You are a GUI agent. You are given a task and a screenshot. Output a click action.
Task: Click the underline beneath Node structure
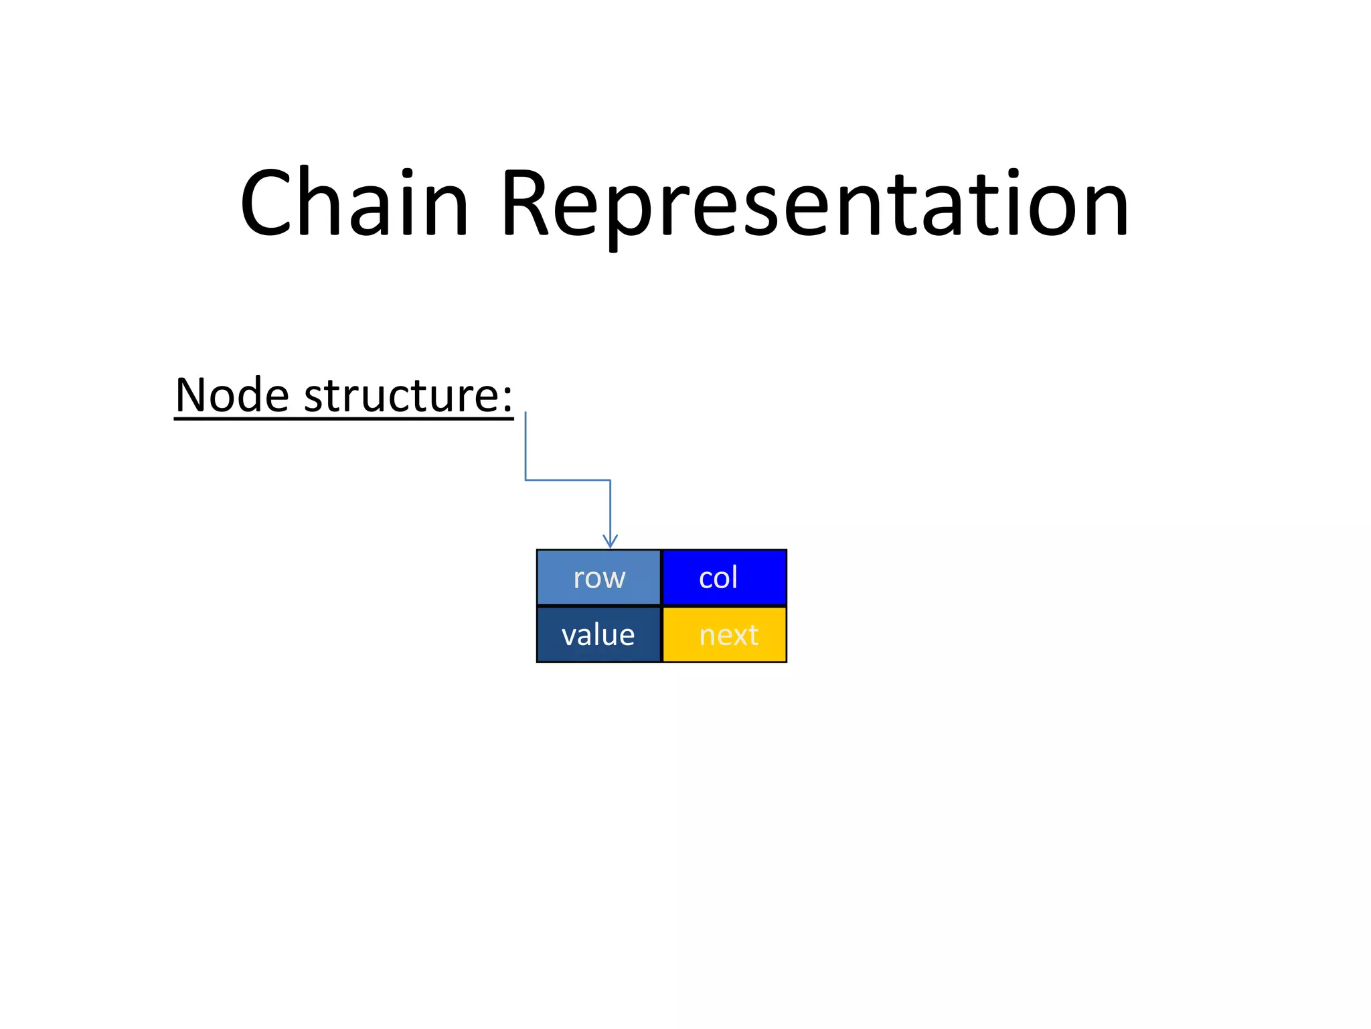[343, 419]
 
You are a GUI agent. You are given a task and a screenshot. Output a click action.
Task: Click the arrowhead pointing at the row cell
[610, 541]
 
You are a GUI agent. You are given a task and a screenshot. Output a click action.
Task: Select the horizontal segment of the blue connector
[568, 480]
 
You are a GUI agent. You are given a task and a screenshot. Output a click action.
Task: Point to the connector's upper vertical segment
[526, 445]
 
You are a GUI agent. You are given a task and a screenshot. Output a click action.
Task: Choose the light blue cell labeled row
[598, 577]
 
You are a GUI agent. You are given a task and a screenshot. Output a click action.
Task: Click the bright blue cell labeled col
[724, 577]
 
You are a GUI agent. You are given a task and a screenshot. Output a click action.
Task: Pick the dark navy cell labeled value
[598, 634]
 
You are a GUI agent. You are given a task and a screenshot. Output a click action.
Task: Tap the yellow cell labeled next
[724, 634]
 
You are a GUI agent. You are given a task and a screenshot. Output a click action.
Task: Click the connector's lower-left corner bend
[526, 480]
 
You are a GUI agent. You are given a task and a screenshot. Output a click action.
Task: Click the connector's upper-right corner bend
[610, 480]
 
